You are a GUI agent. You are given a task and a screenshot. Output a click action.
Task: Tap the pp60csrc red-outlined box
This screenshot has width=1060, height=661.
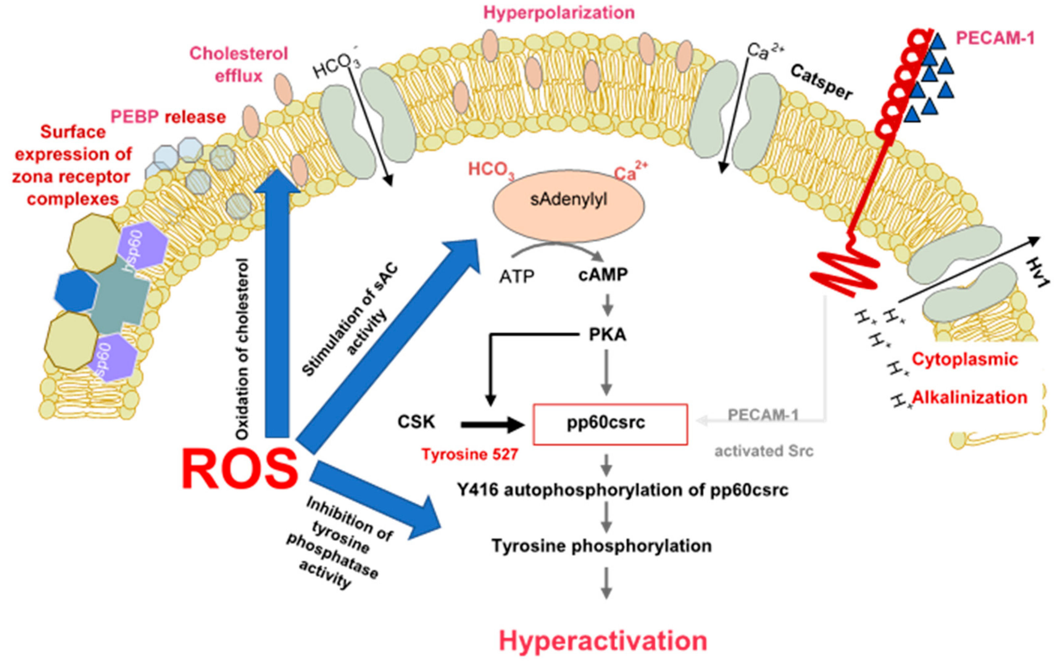click(x=610, y=424)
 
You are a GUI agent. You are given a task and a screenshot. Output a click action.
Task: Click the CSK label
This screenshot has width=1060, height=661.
click(x=416, y=422)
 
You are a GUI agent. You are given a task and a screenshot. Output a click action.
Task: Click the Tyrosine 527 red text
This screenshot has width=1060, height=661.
click(x=470, y=455)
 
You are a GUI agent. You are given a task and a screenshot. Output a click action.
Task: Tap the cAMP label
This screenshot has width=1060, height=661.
click(x=603, y=275)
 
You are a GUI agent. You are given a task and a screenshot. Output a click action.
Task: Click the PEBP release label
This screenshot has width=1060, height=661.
click(x=168, y=117)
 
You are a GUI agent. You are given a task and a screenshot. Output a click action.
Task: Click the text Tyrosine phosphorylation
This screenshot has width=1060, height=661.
click(x=601, y=545)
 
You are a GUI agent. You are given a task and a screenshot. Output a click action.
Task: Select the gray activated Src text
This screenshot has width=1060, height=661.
click(x=764, y=451)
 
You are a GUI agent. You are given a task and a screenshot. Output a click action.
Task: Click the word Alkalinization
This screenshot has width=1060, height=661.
click(x=969, y=397)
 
